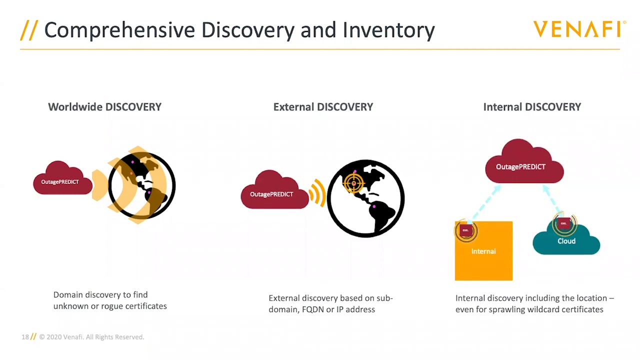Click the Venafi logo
(x=579, y=29)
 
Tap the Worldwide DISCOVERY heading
(x=104, y=107)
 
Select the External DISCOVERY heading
(x=323, y=107)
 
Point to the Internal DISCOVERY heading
(x=532, y=107)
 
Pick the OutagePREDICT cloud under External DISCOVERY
(x=273, y=192)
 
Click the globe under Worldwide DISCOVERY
(x=142, y=185)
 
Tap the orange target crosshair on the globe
(x=354, y=183)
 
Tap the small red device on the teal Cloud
(x=564, y=223)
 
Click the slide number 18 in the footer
(x=25, y=337)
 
